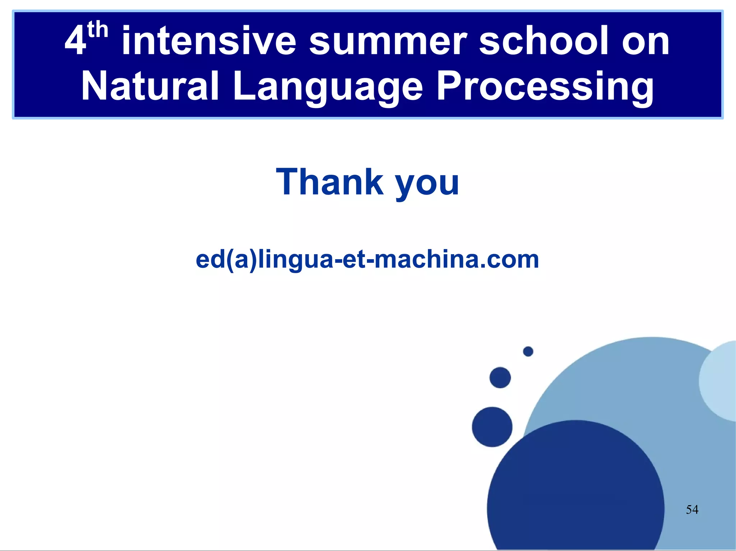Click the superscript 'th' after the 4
click(x=97, y=30)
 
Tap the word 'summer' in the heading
click(x=388, y=41)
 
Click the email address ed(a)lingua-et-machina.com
click(x=367, y=259)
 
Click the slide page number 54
click(x=692, y=509)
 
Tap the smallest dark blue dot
click(x=528, y=351)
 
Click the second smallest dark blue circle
click(x=500, y=378)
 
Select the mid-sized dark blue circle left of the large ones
click(x=492, y=427)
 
